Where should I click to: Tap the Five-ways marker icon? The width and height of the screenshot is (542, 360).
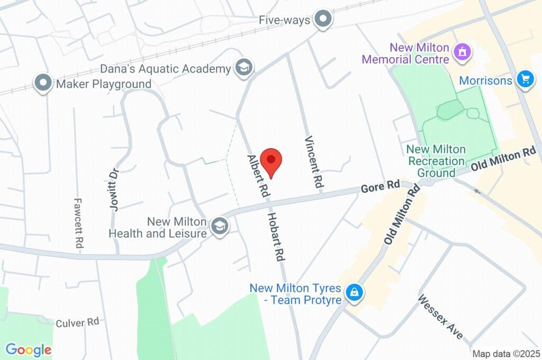point(322,20)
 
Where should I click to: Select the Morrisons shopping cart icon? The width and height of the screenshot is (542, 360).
point(525,79)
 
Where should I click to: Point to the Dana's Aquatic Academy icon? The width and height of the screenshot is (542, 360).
point(244,68)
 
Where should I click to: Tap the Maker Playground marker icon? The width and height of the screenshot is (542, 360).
point(43,83)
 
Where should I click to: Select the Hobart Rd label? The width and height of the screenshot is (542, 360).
point(276,237)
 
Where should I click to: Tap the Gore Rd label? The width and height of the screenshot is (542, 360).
point(380,186)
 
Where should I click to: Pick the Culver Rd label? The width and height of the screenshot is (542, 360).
point(77,322)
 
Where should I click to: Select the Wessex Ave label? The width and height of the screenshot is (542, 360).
point(440,317)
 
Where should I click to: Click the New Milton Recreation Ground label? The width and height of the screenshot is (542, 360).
point(436,161)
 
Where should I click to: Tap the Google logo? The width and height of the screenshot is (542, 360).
point(29,349)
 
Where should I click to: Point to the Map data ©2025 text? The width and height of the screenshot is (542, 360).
point(505,354)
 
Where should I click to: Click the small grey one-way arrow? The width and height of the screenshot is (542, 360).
point(477,191)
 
